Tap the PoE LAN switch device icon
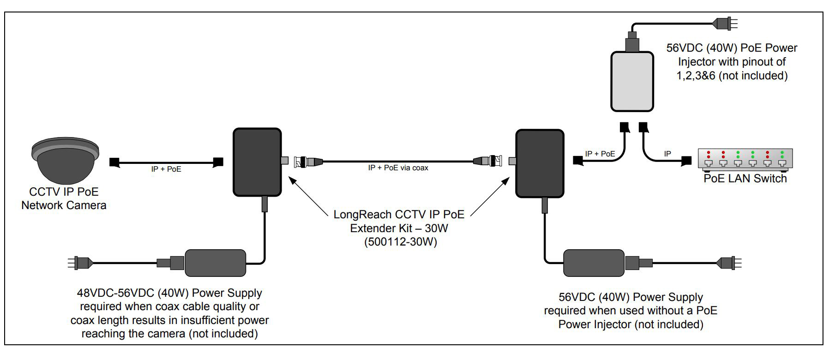click(x=745, y=158)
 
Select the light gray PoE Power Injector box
click(x=632, y=82)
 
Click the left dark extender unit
click(x=257, y=162)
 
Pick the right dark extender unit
click(x=539, y=163)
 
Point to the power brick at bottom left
click(x=215, y=263)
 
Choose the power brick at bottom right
click(x=594, y=263)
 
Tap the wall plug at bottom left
click(x=79, y=263)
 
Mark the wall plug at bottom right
click(x=729, y=263)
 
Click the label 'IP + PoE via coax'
click(x=398, y=168)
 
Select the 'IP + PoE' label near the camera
click(x=166, y=169)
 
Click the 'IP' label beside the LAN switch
click(x=667, y=154)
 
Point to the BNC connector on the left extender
click(x=308, y=162)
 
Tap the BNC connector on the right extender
click(x=488, y=161)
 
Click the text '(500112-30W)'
click(x=400, y=241)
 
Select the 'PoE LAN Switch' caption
click(x=745, y=179)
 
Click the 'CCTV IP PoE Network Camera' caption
click(x=64, y=198)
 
